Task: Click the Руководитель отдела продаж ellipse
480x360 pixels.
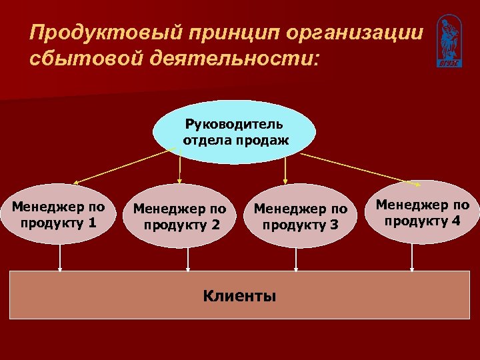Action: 234,132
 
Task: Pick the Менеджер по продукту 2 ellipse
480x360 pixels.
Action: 180,216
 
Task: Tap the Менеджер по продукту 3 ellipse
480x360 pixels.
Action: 301,216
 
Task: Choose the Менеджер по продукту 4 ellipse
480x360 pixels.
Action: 423,212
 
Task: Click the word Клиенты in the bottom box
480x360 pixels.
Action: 239,295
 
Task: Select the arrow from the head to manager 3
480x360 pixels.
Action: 285,170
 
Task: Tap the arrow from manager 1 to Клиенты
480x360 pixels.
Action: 60,257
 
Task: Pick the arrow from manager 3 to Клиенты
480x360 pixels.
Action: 296,259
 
